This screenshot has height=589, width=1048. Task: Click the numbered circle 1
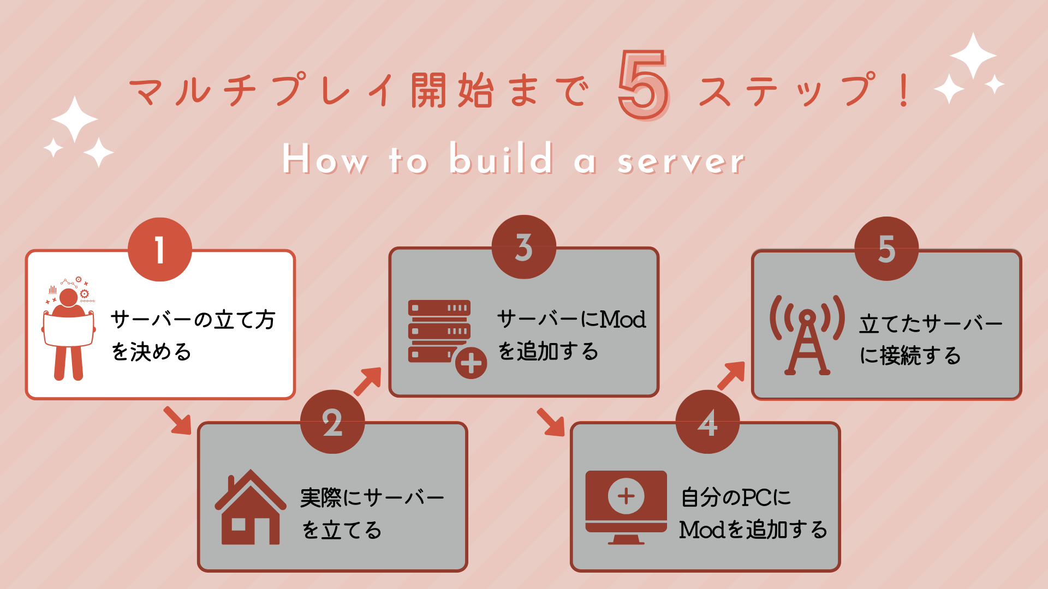160,250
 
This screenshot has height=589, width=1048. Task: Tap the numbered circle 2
332,422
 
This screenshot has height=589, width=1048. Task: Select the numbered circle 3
524,247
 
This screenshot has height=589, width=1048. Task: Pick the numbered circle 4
707,422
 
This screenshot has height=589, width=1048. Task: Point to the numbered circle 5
886,249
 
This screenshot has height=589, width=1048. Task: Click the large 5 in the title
644,85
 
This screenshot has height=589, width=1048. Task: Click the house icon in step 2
251,507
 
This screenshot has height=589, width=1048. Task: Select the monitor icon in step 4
626,507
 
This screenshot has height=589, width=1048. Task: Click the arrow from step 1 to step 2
177,420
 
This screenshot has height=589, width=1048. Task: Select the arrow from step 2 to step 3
368,381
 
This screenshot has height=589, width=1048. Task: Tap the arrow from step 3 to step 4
551,422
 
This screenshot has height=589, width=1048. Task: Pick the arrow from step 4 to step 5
731,375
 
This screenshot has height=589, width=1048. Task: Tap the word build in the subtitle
501,158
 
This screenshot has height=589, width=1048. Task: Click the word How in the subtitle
325,159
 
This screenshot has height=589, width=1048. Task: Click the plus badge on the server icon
471,363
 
